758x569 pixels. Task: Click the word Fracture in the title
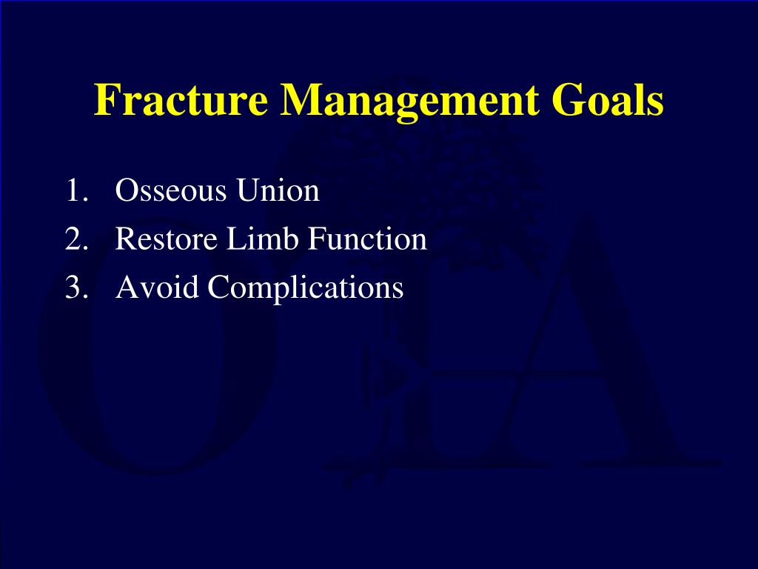[x=181, y=99]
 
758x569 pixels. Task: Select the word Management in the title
[x=409, y=102]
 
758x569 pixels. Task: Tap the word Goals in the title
[x=608, y=99]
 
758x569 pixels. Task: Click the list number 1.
[x=76, y=190]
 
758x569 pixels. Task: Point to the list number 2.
[x=76, y=239]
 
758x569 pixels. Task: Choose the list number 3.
[x=76, y=287]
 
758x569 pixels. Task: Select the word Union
[x=278, y=190]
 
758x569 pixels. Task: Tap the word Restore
[x=167, y=239]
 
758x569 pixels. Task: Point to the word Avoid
[x=157, y=287]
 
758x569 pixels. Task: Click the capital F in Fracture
[x=105, y=100]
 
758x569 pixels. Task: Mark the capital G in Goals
[x=568, y=100]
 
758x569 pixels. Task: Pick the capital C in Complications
[x=219, y=287]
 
